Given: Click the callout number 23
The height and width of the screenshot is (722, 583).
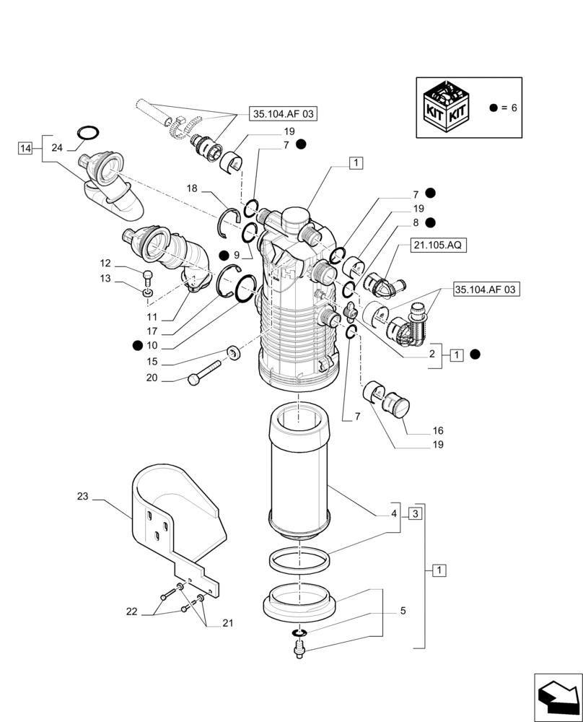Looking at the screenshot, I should click(x=82, y=496).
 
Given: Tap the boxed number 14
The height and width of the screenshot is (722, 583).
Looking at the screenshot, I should click(x=26, y=148).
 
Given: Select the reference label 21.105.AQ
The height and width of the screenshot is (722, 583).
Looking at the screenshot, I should click(x=439, y=245).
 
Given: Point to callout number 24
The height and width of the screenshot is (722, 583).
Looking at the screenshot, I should click(x=58, y=148).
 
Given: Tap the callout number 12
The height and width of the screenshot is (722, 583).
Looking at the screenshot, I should click(x=105, y=264).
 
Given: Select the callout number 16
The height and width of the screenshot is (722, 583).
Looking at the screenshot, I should click(x=438, y=431).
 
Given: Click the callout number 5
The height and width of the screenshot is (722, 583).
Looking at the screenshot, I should click(x=403, y=611).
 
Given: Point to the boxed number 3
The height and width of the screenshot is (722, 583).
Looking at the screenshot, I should click(x=414, y=513).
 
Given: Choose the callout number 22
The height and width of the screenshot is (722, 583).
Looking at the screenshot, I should click(x=131, y=611).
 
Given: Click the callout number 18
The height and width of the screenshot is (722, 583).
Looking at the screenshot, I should click(x=192, y=188).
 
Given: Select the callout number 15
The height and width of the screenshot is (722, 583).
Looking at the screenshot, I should click(x=152, y=362).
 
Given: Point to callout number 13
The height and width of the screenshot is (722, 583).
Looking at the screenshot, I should click(x=105, y=279).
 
